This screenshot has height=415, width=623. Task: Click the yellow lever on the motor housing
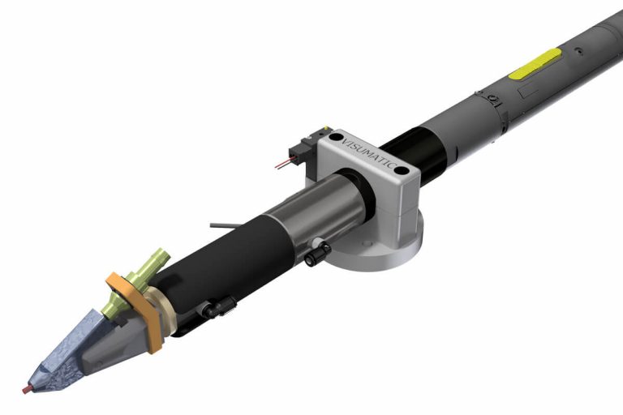pyautogui.click(x=535, y=63)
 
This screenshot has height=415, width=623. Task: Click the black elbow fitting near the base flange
pyautogui.click(x=316, y=253)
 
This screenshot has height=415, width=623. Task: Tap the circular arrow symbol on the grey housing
pyautogui.click(x=492, y=100)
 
